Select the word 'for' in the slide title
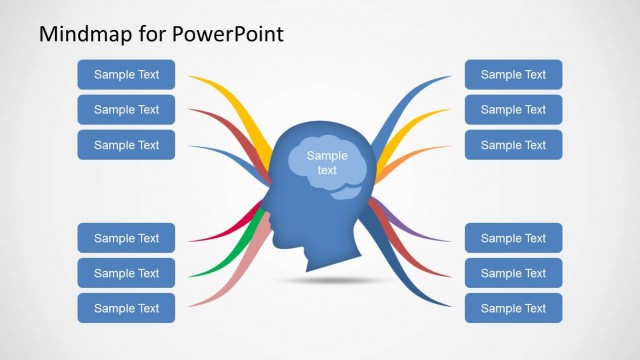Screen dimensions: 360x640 [147, 34]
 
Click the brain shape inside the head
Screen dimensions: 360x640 [327, 164]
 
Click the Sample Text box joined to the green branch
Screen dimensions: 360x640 [126, 273]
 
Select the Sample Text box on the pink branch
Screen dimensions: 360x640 [126, 308]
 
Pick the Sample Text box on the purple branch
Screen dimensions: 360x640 [513, 238]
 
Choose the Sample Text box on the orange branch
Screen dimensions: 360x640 [513, 145]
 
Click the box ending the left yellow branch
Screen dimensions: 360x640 [126, 74]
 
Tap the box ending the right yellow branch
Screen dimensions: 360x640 [513, 110]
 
